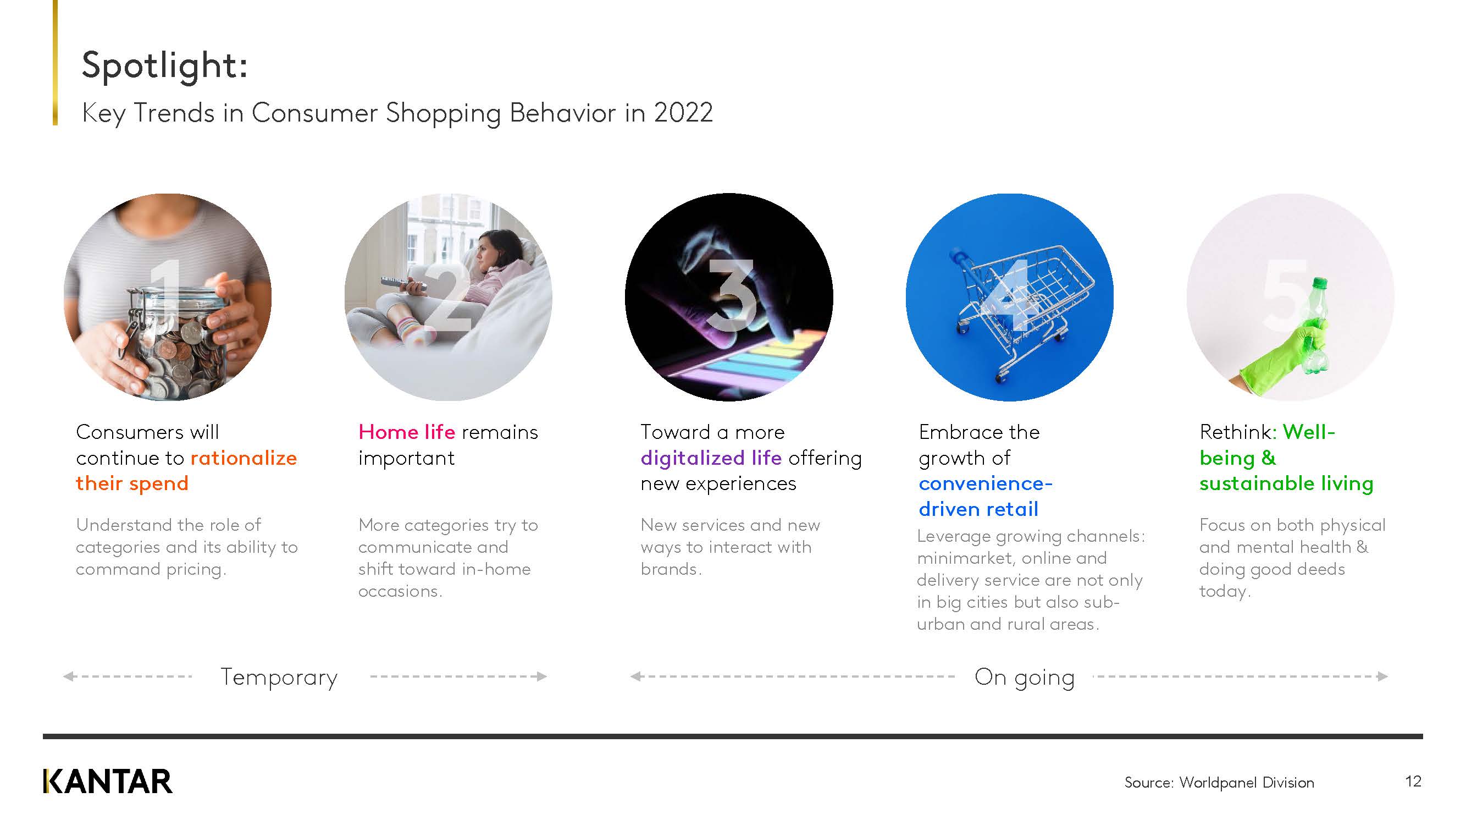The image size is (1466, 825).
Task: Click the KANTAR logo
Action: (108, 781)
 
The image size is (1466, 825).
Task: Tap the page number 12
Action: (1413, 781)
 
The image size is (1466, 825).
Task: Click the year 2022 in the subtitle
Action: (683, 113)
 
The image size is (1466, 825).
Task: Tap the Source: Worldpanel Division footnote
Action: (1219, 782)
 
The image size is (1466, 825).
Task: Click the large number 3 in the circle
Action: (731, 295)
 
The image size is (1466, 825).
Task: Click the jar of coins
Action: (176, 342)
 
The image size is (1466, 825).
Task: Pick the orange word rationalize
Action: (244, 458)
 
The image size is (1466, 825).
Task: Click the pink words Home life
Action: (407, 432)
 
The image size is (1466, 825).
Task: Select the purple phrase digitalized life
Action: (711, 458)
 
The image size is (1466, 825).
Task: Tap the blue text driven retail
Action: (978, 509)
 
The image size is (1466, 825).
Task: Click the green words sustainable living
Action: (1286, 484)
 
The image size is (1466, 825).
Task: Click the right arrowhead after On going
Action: (1382, 676)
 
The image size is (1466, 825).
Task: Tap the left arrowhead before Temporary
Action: (69, 676)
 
